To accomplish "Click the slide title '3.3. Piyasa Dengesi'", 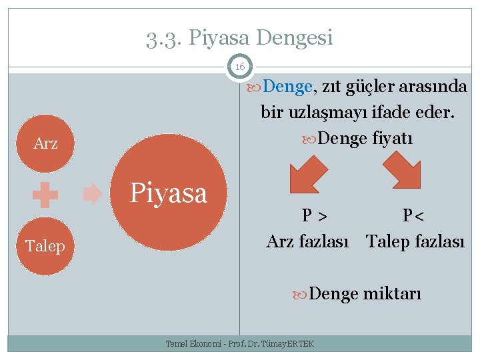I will [x=239, y=38].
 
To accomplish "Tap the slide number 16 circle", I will [x=239, y=67].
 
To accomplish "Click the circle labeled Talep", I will [x=45, y=246].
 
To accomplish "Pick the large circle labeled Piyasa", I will [x=169, y=194].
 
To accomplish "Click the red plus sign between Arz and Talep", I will [x=45, y=195].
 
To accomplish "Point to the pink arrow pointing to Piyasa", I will [x=93, y=195].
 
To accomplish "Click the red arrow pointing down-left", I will [x=307, y=173].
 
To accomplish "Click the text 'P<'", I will [x=413, y=216].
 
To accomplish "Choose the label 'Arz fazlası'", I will [x=307, y=241].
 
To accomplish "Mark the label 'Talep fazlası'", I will [x=415, y=241].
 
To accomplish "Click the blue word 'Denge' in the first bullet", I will [x=287, y=87].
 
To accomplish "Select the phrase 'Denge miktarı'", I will [x=365, y=293].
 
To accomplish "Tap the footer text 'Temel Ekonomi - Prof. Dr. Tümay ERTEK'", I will [x=239, y=343].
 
